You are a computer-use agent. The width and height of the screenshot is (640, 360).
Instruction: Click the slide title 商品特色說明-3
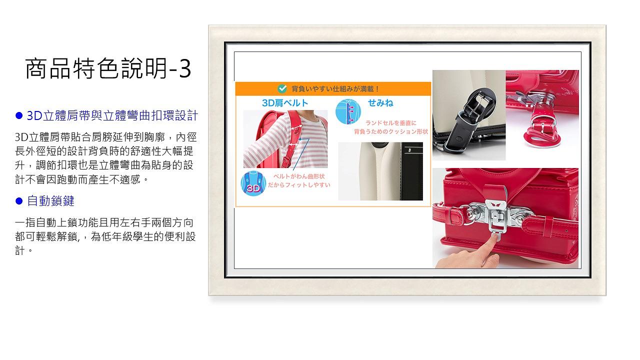108,68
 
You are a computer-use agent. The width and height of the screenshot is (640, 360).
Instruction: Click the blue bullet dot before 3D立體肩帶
19,115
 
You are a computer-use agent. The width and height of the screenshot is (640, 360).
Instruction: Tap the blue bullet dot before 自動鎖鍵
19,201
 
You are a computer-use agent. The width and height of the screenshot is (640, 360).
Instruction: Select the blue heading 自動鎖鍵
51,201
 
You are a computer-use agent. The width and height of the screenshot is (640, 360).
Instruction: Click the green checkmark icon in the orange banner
282,88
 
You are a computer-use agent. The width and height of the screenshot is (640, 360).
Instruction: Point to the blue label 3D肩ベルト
285,103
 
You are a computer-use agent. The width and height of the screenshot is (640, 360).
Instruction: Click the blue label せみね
380,102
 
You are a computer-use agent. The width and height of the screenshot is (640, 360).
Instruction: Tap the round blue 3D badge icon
253,183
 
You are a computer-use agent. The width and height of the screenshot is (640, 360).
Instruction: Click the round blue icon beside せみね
348,111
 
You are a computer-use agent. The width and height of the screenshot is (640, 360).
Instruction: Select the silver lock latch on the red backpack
497,215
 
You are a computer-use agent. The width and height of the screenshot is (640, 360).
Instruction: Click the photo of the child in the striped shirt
285,139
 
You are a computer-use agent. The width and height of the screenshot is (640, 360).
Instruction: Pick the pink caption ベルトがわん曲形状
299,176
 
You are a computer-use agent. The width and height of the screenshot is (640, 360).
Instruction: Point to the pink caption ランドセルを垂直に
391,123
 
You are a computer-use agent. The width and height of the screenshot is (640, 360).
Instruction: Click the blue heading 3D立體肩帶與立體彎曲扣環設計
112,115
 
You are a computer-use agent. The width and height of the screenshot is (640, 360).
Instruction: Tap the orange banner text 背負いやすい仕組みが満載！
335,89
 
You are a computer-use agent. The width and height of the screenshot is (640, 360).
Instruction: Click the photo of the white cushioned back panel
380,171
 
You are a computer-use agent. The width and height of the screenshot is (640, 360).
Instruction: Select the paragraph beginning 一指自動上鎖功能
105,236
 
